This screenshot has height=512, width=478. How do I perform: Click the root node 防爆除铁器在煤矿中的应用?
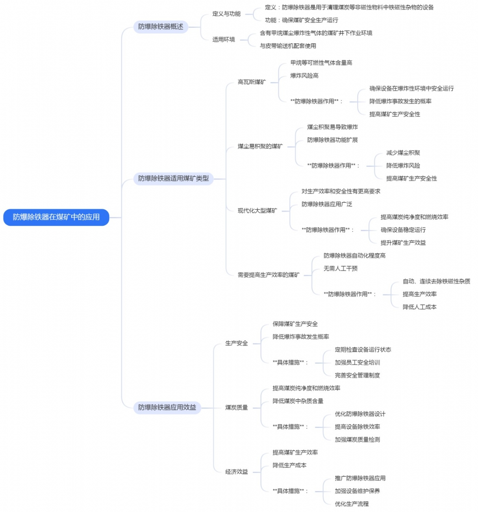click(x=56, y=217)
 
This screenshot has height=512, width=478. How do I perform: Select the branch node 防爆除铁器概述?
click(x=161, y=27)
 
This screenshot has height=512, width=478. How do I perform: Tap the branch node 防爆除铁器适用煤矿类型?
click(x=173, y=179)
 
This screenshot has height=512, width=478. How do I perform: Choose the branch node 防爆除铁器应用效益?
click(x=167, y=408)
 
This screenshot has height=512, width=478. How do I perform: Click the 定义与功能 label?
click(x=226, y=14)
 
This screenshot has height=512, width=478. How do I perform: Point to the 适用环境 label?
click(x=224, y=39)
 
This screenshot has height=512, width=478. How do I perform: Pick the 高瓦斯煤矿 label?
click(x=252, y=82)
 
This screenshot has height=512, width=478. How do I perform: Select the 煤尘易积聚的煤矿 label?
click(x=260, y=147)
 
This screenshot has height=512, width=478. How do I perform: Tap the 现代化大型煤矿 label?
click(x=257, y=211)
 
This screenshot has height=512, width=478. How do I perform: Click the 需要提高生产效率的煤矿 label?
click(x=268, y=275)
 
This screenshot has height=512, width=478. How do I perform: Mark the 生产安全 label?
click(x=236, y=343)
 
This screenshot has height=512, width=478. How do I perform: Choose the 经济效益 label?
click(x=236, y=472)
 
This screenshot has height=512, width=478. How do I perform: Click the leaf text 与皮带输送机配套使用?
click(x=288, y=46)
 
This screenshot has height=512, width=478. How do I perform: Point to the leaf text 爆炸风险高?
click(x=304, y=76)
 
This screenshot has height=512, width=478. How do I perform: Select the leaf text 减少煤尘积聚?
click(x=403, y=153)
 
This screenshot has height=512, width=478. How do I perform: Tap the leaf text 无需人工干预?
click(x=341, y=269)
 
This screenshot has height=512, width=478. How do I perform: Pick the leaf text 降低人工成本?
click(x=419, y=307)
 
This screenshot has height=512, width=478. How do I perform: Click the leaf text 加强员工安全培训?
click(x=357, y=363)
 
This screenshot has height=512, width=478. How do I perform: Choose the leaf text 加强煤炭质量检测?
click(x=357, y=440)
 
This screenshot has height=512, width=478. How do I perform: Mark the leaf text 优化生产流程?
click(x=352, y=504)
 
